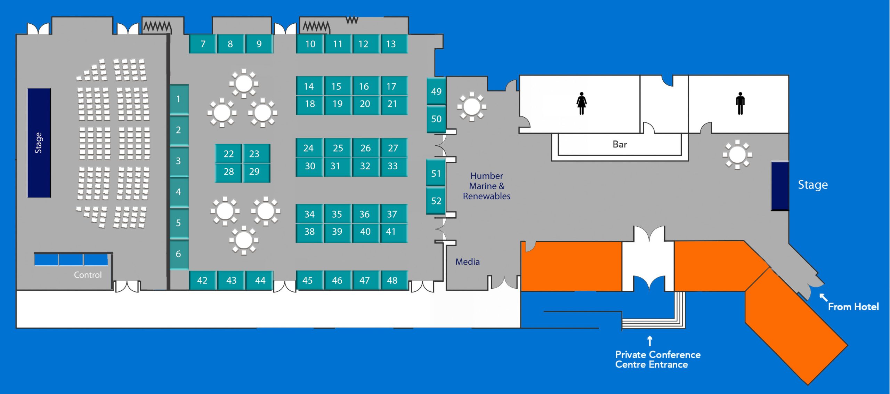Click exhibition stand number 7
point(203,44)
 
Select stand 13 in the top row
point(391,44)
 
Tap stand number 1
point(178,99)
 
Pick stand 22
point(228,154)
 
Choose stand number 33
point(393,166)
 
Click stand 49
point(436,91)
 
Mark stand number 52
point(436,201)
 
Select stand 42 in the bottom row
point(202,280)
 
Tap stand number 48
point(392,280)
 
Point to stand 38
point(309,232)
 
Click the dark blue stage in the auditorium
point(39,143)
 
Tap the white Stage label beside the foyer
point(813,185)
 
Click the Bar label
point(620,144)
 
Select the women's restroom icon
point(582,103)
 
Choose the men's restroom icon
point(741,103)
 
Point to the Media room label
point(468,262)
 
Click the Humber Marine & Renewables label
point(487,186)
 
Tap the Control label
point(88,275)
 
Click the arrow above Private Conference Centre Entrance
point(650,341)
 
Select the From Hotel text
point(853,307)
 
